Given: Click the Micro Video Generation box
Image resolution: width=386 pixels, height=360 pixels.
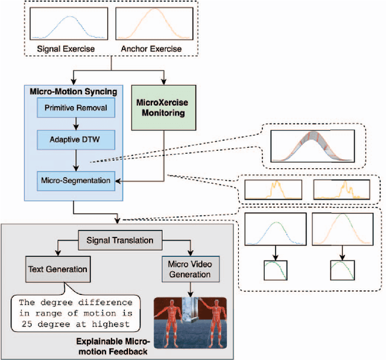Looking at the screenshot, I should (x=189, y=268).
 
